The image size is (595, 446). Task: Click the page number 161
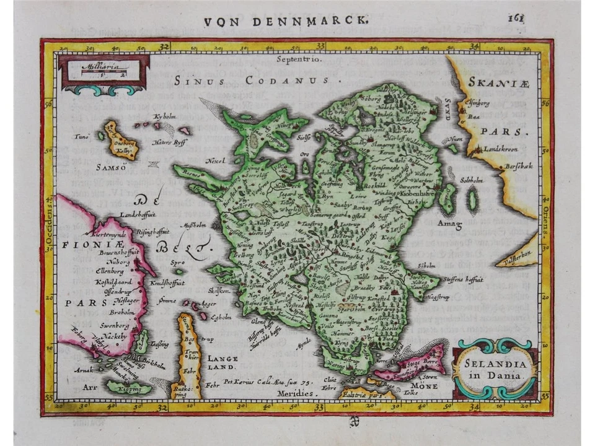click(x=516, y=18)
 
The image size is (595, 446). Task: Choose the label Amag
click(x=449, y=222)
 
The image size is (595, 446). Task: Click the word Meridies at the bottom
click(x=296, y=393)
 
